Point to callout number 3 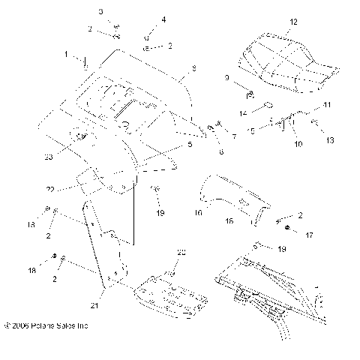[x=101, y=11]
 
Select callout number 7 [x=234, y=136]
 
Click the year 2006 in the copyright [x=22, y=326]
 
